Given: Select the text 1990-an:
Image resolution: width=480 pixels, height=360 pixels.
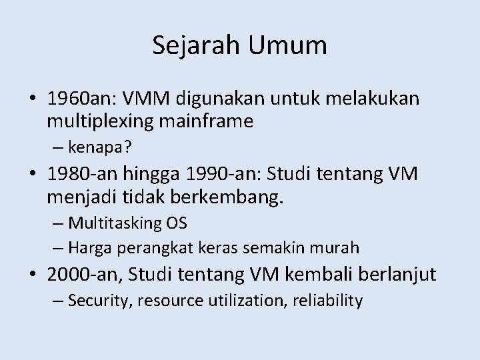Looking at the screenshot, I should coord(225,174).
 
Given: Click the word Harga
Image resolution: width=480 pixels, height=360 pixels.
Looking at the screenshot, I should coord(89,247).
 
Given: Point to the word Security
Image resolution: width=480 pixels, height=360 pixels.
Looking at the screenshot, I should coord(99,301).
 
